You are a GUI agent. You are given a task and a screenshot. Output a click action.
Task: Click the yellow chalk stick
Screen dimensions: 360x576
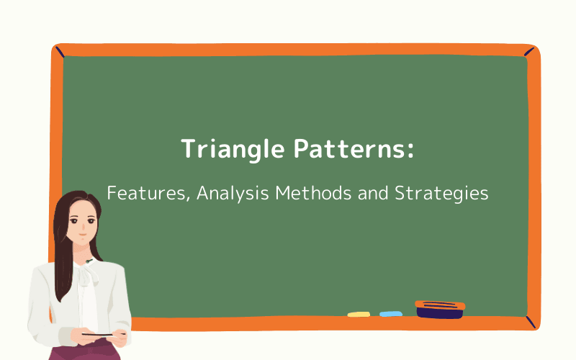[359, 314]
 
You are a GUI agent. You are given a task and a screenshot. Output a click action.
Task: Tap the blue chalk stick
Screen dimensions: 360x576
[391, 314]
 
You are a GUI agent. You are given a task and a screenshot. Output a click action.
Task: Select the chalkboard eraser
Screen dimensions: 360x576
[440, 309]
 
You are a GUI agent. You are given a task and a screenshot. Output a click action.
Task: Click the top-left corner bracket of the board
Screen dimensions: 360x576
[58, 51]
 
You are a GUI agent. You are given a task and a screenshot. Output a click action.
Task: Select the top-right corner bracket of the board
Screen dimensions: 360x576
[531, 51]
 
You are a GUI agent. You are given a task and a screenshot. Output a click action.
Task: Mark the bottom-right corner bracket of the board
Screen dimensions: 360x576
[531, 322]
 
